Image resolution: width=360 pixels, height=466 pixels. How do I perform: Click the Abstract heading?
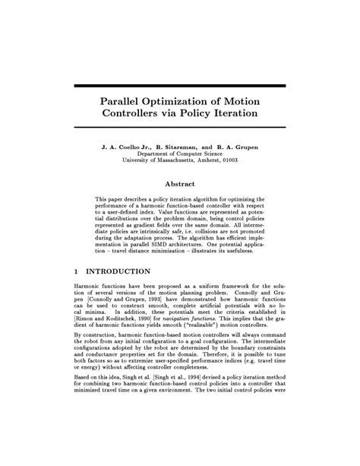coord(180,184)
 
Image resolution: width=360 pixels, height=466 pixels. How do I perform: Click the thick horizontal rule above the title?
coord(180,86)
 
